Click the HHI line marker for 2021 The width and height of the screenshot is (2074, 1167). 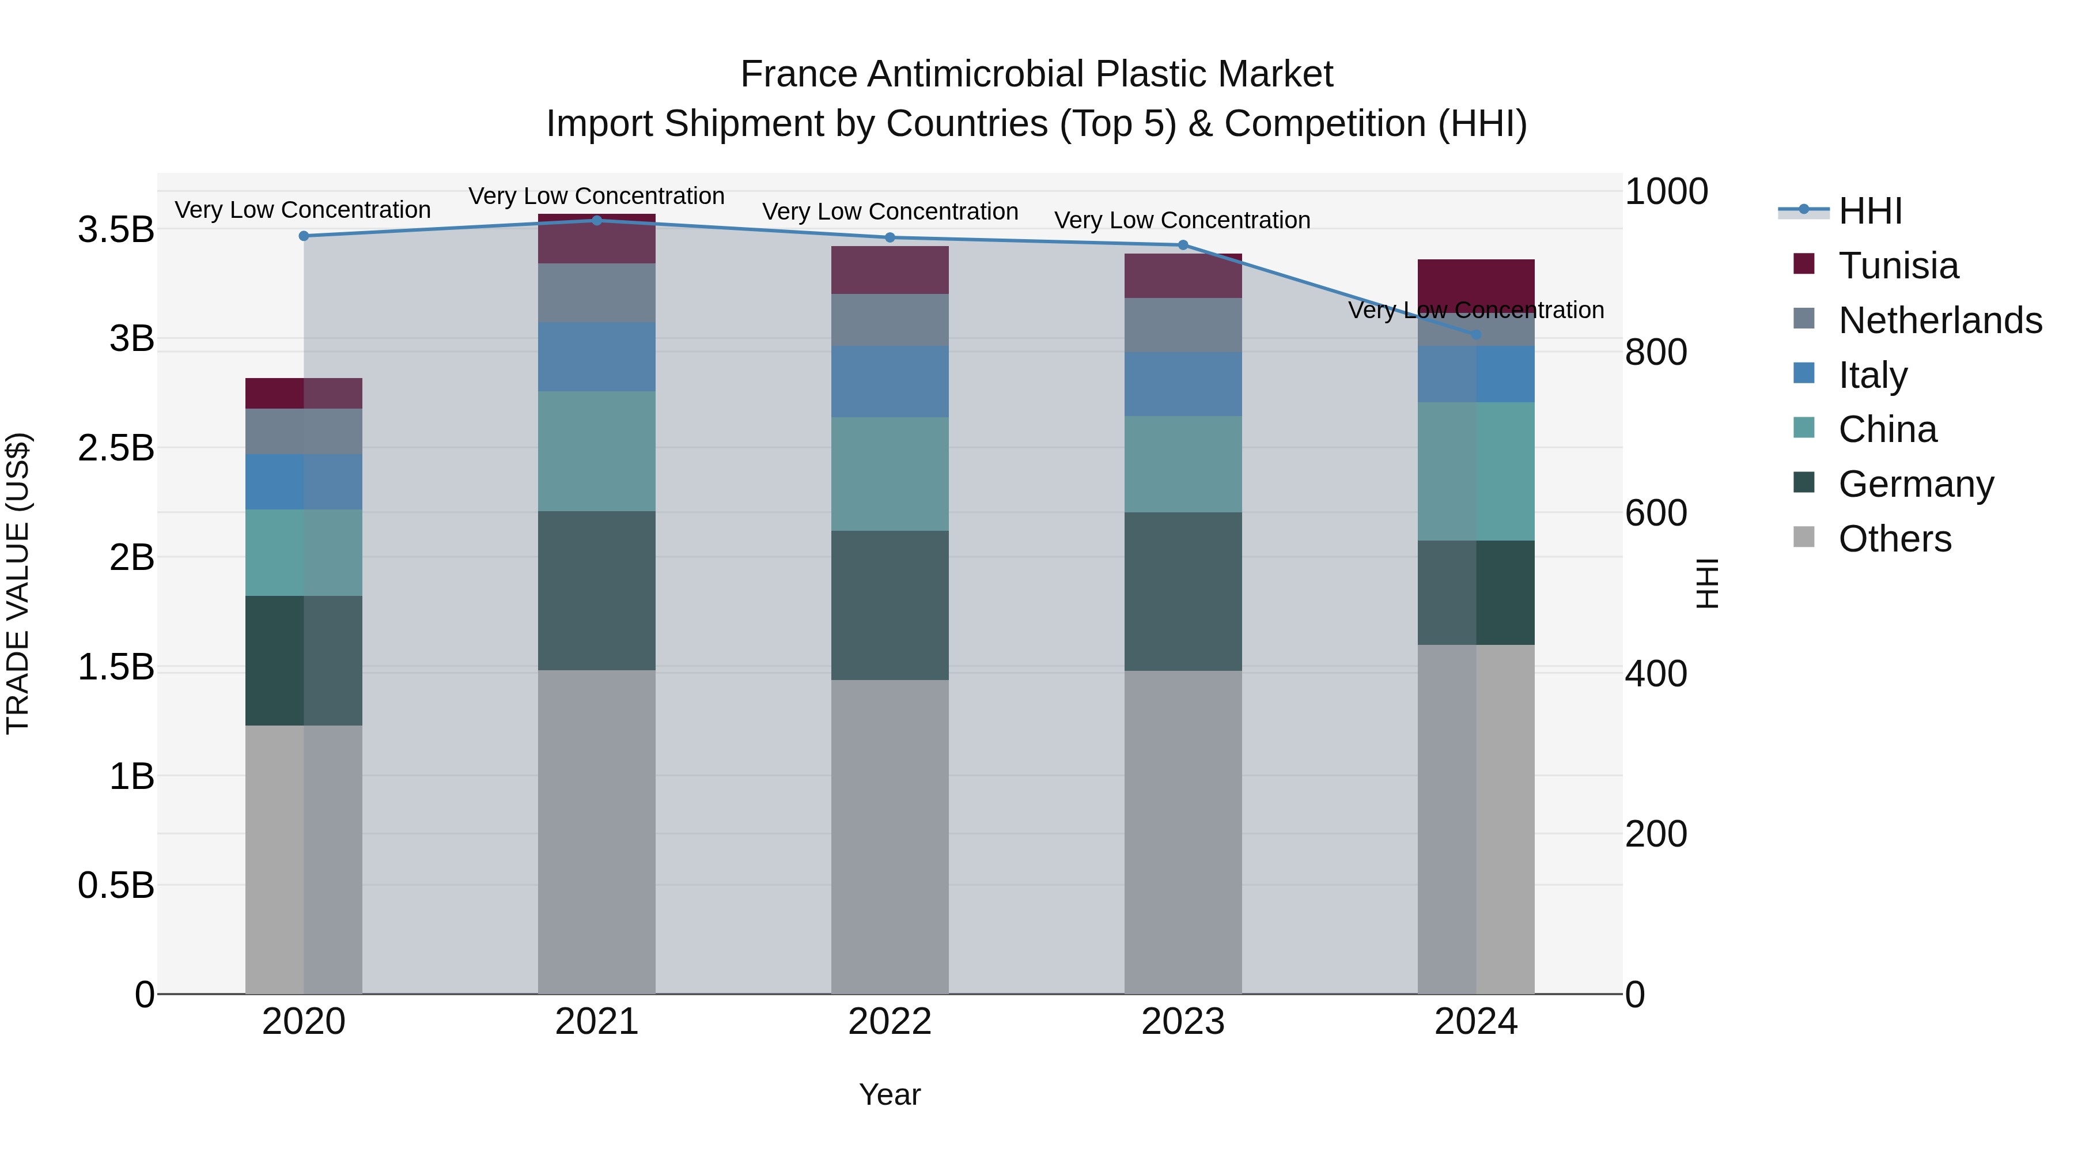597,220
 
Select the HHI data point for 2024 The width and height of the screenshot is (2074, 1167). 1476,334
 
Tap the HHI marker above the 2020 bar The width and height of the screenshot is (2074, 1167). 304,236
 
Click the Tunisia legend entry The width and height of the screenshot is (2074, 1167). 1898,266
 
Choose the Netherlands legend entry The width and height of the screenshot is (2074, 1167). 1940,320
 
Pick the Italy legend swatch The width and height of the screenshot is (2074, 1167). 1804,373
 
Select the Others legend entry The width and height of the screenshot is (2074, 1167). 1894,538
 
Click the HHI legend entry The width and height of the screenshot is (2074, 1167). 1869,211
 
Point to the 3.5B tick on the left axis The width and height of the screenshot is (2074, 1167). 116,229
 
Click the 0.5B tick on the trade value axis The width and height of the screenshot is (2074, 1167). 116,885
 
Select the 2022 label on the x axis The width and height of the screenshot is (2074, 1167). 890,1021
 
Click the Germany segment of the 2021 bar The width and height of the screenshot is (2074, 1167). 597,590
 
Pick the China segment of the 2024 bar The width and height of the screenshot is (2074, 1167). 1476,471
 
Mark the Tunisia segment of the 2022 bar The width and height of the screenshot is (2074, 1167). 890,270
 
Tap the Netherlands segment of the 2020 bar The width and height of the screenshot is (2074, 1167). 304,431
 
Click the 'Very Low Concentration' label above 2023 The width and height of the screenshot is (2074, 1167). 1182,220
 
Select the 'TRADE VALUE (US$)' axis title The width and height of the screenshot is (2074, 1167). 18,583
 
